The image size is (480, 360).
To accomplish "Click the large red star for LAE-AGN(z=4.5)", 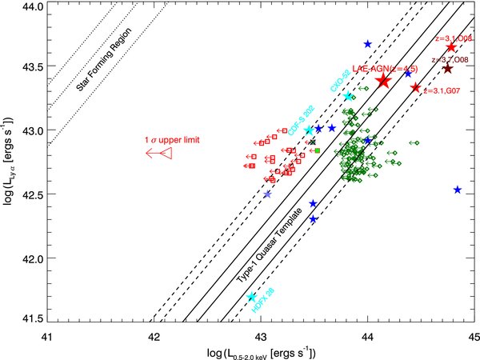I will tap(383, 80).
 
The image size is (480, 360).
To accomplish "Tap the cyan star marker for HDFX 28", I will tap(252, 297).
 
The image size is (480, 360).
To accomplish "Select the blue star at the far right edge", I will tap(458, 190).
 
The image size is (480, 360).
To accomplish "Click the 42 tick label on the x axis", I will tap(153, 336).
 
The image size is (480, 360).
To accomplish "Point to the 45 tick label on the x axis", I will tap(472, 336).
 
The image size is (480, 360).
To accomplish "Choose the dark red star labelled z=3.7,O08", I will tap(447, 68).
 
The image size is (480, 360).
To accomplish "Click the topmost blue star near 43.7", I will tap(367, 44).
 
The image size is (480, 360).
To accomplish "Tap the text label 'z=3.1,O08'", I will tap(451, 38).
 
